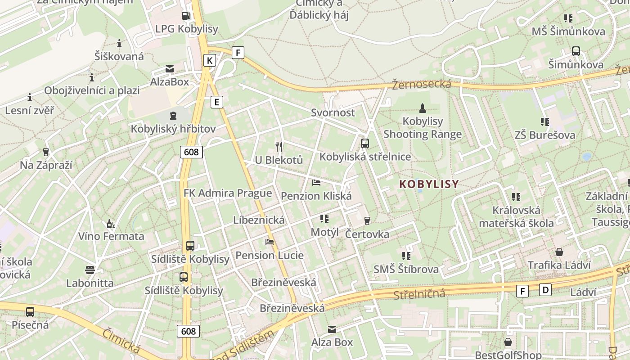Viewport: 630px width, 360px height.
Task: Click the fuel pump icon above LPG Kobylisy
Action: point(186,16)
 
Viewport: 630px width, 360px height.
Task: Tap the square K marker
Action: point(209,60)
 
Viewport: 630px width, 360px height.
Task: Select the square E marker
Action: point(217,102)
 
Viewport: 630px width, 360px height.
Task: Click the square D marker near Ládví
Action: point(545,290)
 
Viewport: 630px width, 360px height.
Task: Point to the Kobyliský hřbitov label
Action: point(173,129)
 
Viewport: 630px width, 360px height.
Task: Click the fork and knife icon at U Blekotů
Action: point(279,146)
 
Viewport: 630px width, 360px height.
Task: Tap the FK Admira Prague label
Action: point(228,193)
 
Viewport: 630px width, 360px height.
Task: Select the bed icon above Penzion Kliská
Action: point(316,183)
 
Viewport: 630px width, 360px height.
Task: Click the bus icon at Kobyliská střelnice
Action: point(365,144)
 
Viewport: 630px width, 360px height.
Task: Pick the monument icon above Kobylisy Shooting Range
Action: point(423,108)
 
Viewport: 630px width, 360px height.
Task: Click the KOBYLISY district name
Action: point(429,184)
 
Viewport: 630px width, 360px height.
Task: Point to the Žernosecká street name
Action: point(421,84)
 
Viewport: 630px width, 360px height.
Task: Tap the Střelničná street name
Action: point(419,295)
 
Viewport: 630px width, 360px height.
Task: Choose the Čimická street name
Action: point(121,341)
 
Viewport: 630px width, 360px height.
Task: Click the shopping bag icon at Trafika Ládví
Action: point(559,252)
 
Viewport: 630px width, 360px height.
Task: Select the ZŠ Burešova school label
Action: point(545,135)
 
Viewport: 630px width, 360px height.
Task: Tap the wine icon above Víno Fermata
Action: point(111,224)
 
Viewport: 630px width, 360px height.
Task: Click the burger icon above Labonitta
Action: point(90,270)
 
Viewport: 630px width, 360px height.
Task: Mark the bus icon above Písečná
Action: point(30,311)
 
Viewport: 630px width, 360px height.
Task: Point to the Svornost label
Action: point(333,112)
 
